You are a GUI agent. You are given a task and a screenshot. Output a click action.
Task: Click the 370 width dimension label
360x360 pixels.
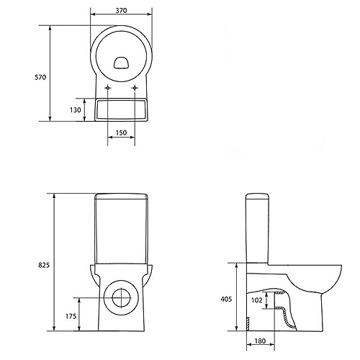[x=121, y=11]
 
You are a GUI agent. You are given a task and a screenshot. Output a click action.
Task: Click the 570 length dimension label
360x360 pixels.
[x=40, y=77]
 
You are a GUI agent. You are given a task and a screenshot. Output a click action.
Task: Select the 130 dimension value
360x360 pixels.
[x=76, y=110]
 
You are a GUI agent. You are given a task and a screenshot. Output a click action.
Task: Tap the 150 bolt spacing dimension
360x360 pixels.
[x=121, y=132]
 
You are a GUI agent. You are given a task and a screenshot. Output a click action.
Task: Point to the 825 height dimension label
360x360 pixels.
[x=44, y=265]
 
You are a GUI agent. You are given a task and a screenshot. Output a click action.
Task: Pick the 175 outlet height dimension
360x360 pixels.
[x=71, y=316]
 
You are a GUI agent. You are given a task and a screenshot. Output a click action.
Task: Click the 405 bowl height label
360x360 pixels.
[x=226, y=299]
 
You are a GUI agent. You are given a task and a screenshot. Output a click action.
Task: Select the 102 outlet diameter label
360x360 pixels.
[x=257, y=300]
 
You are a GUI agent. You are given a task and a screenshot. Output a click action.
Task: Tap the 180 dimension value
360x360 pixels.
[x=260, y=341]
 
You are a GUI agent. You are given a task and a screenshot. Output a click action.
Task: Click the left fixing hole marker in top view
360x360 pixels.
[x=108, y=88]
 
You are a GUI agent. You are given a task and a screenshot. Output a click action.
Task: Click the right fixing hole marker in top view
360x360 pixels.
[x=135, y=88]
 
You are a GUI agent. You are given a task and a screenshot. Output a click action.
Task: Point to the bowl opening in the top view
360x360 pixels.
[x=122, y=63]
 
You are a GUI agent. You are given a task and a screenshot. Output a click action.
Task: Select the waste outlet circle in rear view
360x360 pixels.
[x=122, y=281]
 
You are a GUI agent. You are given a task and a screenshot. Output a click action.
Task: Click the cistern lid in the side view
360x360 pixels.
[x=257, y=197]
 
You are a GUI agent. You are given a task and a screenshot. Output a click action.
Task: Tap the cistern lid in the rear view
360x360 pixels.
[x=121, y=196]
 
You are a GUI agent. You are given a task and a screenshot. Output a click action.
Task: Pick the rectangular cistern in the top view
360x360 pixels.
[x=121, y=109]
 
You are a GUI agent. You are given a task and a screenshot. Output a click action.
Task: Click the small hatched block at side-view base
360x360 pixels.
[x=248, y=323]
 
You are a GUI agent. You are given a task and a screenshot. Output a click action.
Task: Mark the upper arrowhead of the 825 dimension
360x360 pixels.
[x=55, y=196]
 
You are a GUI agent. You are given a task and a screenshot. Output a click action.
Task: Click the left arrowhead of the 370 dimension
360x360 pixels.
[x=93, y=14]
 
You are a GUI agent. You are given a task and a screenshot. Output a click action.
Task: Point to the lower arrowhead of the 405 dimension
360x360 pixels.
[x=237, y=328]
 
